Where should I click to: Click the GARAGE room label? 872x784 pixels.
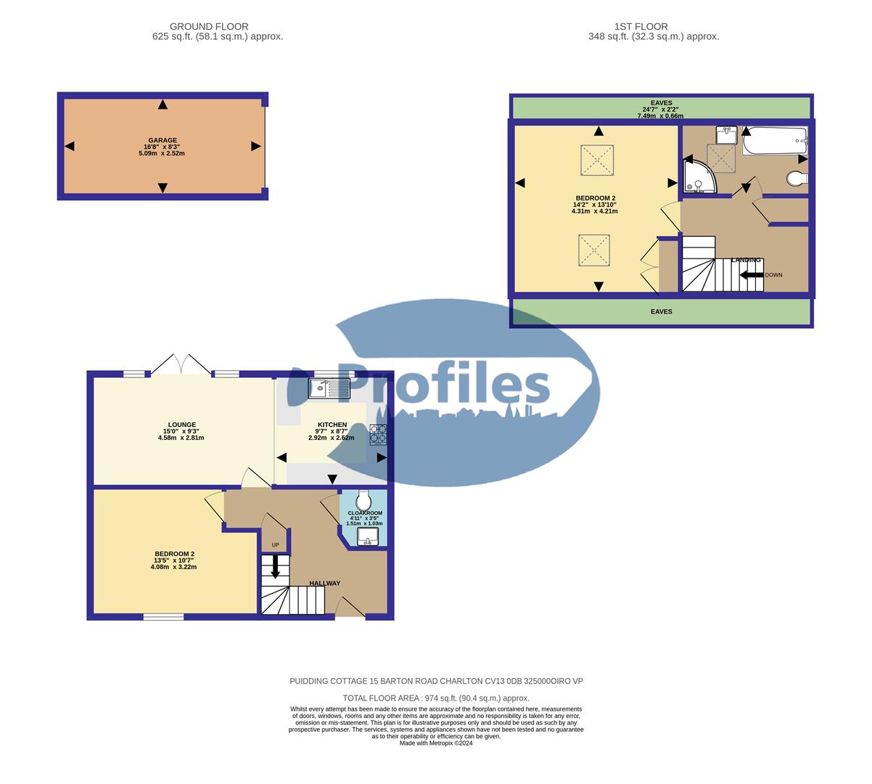163,141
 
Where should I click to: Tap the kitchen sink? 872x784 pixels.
329,389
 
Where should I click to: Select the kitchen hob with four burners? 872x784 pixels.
379,433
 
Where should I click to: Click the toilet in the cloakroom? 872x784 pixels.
363,499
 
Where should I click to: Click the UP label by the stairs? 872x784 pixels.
275,545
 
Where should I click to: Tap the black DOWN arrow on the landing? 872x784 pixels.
751,275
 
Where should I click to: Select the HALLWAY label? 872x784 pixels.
324,583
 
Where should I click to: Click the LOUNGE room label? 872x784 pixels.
182,425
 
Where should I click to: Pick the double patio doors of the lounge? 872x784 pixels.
181,364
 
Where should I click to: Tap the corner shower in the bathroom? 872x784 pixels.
698,179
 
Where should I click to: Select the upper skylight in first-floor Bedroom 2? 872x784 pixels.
598,160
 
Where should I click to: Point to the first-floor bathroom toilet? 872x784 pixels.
797,179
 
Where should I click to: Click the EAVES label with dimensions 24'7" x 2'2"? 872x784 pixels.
661,109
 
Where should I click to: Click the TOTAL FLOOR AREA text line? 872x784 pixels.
436,698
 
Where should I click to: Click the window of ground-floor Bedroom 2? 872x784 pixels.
163,617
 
